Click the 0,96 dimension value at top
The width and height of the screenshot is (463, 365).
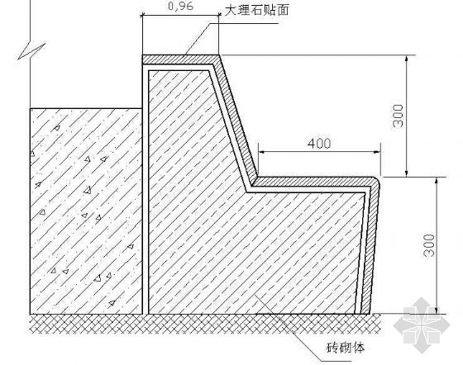[181, 6]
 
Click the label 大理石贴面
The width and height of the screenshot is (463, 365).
[256, 10]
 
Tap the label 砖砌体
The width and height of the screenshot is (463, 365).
[346, 348]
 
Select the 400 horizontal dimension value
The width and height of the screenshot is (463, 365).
[319, 144]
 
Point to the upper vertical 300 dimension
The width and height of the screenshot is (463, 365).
[399, 116]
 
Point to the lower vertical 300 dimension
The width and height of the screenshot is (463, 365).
[429, 245]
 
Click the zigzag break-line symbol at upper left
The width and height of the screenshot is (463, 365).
[31, 51]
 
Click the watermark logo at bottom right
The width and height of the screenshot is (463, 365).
[422, 325]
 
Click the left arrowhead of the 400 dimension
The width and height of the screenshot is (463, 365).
[261, 152]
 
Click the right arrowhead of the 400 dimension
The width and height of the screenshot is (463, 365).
[377, 152]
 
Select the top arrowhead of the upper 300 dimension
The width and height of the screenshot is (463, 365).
[407, 59]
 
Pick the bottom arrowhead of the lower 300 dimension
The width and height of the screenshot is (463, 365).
[437, 310]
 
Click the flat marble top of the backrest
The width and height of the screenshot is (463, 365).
[180, 59]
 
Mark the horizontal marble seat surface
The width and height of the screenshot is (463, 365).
[313, 182]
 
